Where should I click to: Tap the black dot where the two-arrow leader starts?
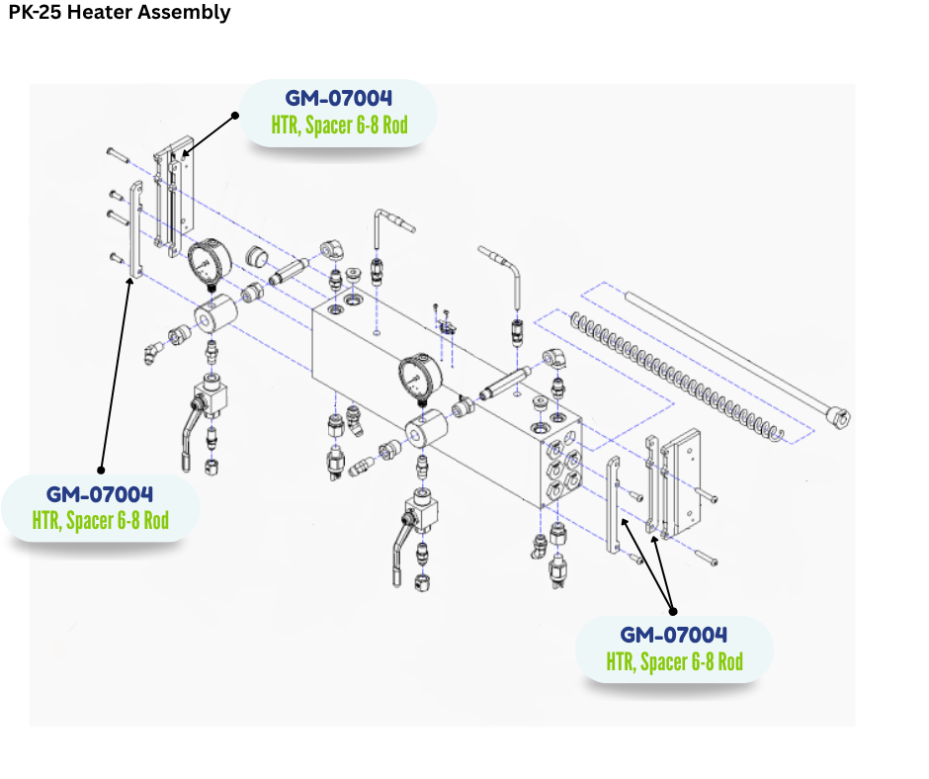pyautogui.click(x=672, y=610)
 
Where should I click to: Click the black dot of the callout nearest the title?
pyautogui.click(x=235, y=115)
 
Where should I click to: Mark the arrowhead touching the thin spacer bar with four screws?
pyautogui.click(x=131, y=282)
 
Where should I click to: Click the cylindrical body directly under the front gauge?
pyautogui.click(x=425, y=436)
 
